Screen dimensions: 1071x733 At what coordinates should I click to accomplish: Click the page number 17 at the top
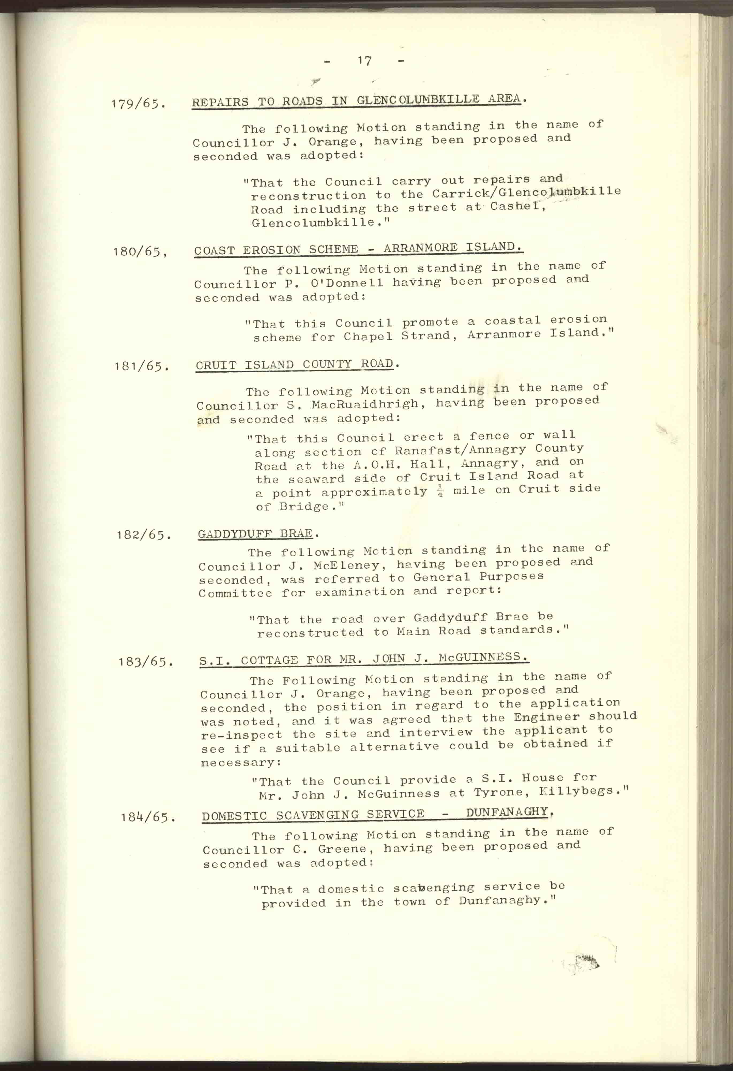pos(364,61)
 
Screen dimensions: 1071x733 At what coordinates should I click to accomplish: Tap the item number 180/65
pos(140,252)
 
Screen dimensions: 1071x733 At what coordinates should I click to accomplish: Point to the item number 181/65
pos(142,366)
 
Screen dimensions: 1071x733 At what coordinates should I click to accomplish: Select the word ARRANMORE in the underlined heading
pos(421,248)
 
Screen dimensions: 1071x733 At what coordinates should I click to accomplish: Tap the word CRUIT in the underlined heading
pos(217,365)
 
